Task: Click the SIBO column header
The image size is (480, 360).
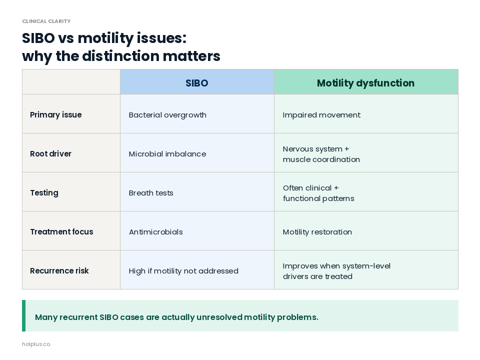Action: pos(196,83)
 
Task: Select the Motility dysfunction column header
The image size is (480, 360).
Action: pos(365,83)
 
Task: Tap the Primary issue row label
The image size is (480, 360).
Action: pos(55,115)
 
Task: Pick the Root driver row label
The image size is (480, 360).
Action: pos(50,154)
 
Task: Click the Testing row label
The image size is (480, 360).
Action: pos(44,193)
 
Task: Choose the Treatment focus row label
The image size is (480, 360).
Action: pos(61,232)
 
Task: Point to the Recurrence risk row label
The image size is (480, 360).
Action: pos(59,271)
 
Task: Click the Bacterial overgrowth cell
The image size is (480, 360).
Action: pos(167,115)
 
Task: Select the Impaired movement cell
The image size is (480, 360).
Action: pos(321,115)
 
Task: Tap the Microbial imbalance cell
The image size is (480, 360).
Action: pos(167,154)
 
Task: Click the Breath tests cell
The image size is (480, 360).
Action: pos(151,193)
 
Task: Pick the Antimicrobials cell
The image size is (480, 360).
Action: pos(156,232)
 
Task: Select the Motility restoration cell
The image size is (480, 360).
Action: pos(317,232)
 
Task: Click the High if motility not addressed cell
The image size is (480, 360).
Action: pos(183,271)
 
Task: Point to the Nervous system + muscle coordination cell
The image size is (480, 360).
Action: pos(321,154)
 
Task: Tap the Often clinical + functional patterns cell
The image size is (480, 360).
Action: pos(318,193)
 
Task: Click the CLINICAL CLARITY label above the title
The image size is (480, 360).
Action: pos(46,21)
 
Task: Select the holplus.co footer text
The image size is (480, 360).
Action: pos(36,344)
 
